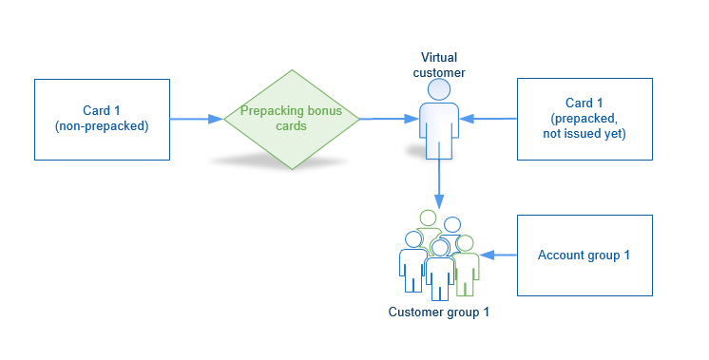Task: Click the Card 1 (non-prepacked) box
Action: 102,119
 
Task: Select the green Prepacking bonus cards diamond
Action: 292,119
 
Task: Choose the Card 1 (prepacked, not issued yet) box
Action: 584,119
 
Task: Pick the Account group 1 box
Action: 584,255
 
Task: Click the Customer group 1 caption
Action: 438,313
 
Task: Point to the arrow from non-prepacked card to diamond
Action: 197,120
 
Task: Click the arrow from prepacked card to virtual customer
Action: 492,120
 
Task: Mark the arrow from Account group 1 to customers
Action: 498,255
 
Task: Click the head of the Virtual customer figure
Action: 438,89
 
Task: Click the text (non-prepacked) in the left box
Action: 102,126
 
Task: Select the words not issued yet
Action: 584,134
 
